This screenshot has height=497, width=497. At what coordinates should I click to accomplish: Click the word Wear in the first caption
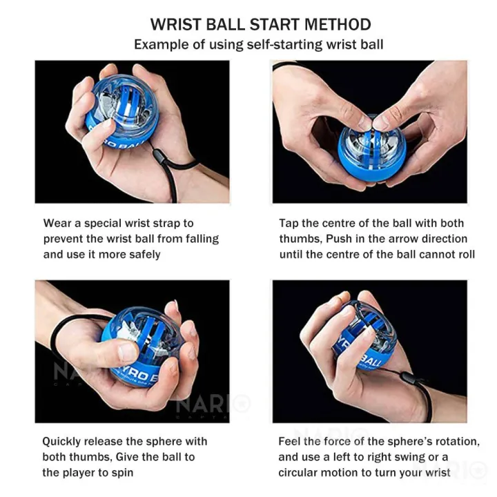(57, 223)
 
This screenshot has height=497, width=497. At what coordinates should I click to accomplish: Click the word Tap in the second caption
(289, 223)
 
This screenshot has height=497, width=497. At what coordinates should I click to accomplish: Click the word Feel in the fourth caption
(289, 441)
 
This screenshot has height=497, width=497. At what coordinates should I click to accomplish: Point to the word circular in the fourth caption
(298, 473)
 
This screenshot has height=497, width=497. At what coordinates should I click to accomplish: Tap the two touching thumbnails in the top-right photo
(374, 122)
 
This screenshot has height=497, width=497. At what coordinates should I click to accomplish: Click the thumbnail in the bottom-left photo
(128, 353)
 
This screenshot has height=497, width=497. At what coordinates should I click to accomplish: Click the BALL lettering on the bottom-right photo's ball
(372, 360)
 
